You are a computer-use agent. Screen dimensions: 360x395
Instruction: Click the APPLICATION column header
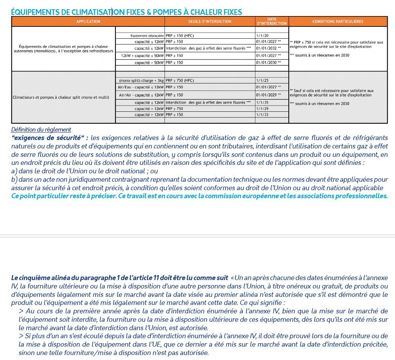tap(88, 21)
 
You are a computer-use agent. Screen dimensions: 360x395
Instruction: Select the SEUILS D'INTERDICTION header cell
tap(210, 21)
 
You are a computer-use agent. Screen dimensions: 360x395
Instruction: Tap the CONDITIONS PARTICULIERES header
tap(338, 21)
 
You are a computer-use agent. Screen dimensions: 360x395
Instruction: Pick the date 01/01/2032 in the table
tap(268, 48)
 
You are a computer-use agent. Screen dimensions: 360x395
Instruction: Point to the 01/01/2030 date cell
tap(268, 62)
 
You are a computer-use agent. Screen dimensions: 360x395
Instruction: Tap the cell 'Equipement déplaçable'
tap(147, 35)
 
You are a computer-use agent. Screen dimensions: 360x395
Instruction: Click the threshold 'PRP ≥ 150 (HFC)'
tap(180, 35)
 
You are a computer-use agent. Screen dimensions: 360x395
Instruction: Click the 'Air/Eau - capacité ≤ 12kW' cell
tap(141, 87)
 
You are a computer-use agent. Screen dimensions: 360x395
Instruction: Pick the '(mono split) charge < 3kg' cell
tap(141, 81)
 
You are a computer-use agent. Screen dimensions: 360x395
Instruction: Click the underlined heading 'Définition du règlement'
tap(41, 130)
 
